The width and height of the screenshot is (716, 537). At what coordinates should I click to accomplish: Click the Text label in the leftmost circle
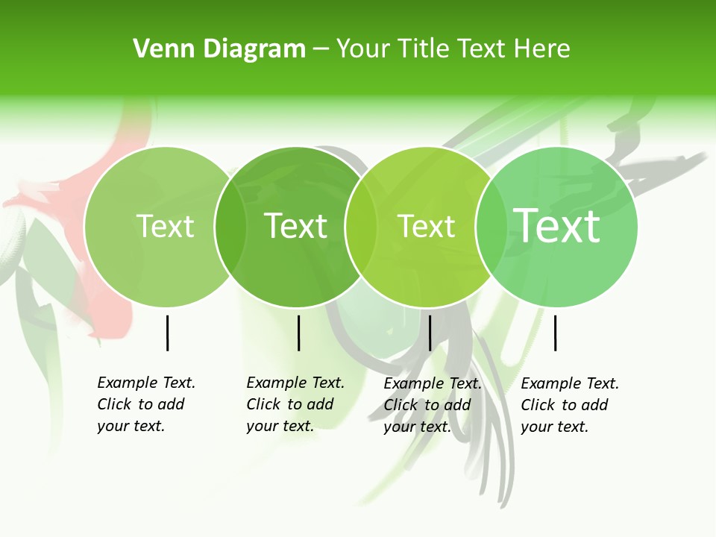[165, 226]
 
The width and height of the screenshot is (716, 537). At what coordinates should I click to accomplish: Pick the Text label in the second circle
[296, 226]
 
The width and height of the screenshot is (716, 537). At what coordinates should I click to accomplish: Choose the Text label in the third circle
[427, 226]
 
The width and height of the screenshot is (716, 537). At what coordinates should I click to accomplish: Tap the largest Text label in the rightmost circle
[557, 225]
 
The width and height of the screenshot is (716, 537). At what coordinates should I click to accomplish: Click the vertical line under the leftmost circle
[167, 333]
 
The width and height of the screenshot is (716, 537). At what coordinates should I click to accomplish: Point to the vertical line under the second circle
[298, 333]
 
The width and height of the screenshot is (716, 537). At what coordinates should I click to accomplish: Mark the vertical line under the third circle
[430, 333]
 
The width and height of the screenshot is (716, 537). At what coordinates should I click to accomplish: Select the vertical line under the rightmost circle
[555, 333]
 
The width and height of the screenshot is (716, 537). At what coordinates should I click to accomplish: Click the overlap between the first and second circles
[230, 226]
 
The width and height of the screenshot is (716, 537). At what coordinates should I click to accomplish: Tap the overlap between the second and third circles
[361, 226]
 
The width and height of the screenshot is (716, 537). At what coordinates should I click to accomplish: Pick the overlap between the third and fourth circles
[492, 226]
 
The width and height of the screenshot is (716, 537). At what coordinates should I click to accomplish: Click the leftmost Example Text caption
[145, 404]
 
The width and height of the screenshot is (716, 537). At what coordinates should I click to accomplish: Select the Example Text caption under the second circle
[295, 404]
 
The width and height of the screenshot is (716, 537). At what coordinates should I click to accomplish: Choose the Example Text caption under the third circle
[432, 405]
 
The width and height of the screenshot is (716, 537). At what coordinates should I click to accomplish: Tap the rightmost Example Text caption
[569, 405]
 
